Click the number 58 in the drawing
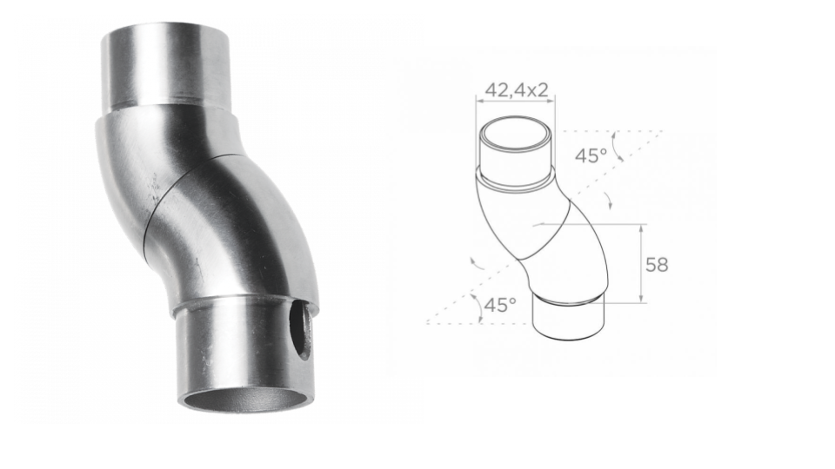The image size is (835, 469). (x=657, y=265)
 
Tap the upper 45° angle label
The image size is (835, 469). (x=592, y=155)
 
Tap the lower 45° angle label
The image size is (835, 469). (x=500, y=305)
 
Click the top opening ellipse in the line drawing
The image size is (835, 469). (x=515, y=135)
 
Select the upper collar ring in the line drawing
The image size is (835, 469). (x=517, y=181)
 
